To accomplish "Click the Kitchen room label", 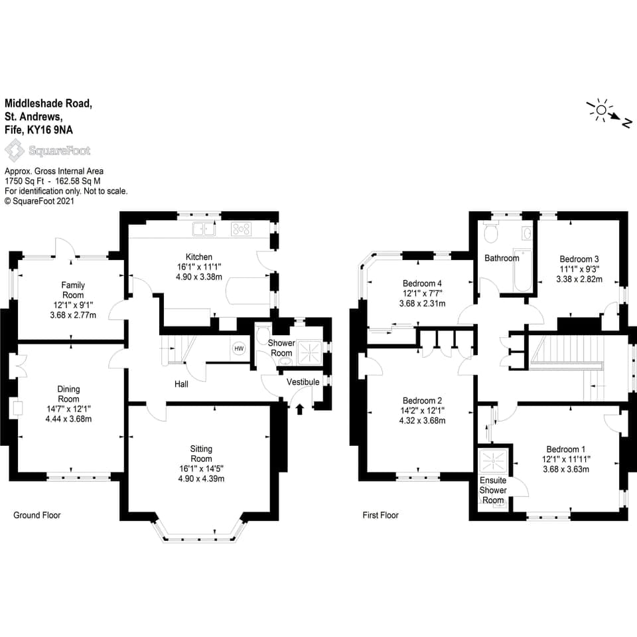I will tap(199, 257).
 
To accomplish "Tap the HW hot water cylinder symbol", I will tap(239, 348).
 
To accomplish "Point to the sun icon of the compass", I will tap(601, 110).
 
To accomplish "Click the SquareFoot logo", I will tap(48, 151).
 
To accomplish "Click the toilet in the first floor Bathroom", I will tap(491, 234).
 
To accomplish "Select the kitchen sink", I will tap(204, 230).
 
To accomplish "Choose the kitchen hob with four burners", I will tap(241, 230).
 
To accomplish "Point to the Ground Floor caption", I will tap(37, 515).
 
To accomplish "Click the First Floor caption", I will tap(381, 515).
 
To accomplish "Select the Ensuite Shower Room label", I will tap(493, 490).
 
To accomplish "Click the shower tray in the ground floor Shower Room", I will tap(307, 352).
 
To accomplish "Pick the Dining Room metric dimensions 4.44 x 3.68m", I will tap(68, 419).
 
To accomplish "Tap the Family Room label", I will tap(73, 290).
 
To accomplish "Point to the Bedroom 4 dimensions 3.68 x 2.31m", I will tap(421, 303).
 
